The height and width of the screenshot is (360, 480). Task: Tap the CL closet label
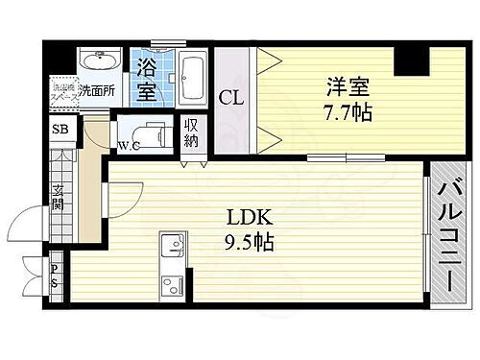tap(230, 96)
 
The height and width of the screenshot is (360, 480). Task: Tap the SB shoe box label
tap(58, 130)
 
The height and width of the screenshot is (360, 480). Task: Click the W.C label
tap(130, 147)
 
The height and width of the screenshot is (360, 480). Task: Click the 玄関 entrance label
tap(58, 196)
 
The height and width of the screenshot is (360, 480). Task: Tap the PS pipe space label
tap(55, 276)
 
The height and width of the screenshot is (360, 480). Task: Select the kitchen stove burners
tap(171, 284)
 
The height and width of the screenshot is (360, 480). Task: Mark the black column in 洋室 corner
tap(410, 60)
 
